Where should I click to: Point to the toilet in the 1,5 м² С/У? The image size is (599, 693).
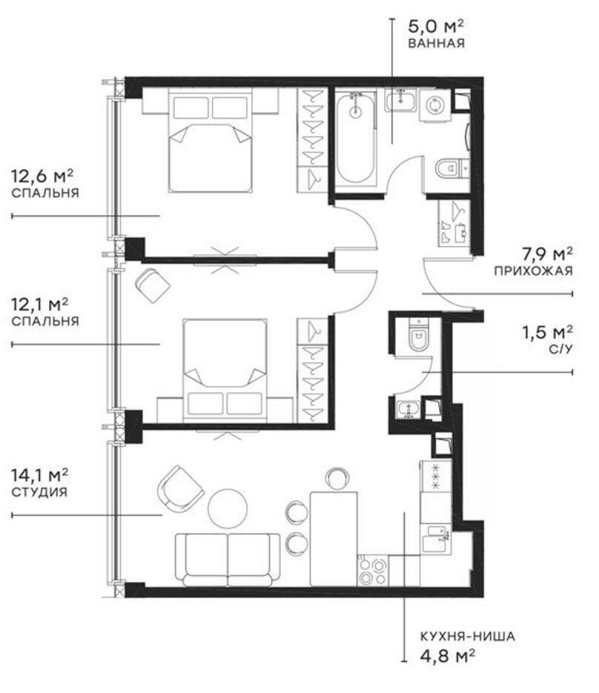tap(417, 337)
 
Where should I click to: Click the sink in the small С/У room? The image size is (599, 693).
tap(408, 408)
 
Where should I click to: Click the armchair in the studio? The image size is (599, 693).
tap(179, 488)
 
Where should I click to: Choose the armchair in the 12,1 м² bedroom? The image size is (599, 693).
tap(153, 285)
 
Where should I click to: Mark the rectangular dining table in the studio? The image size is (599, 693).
tap(334, 537)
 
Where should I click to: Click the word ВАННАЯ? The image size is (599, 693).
tap(436, 43)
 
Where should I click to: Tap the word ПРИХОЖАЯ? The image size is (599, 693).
tap(534, 271)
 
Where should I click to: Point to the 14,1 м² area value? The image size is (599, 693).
tap(40, 473)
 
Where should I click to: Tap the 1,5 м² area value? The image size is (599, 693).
tap(547, 331)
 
